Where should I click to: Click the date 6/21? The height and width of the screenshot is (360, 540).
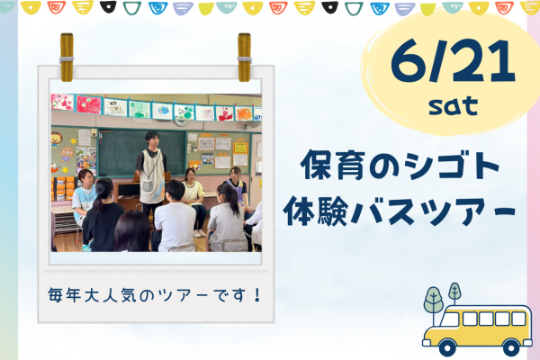tap(453, 60)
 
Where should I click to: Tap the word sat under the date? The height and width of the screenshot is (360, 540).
tap(454, 105)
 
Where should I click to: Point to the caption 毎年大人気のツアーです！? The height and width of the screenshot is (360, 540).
tap(155, 295)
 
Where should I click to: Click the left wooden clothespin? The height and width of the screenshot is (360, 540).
tap(67, 58)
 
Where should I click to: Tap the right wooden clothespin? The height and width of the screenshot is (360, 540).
tap(244, 58)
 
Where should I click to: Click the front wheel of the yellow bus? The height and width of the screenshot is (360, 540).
tap(447, 347)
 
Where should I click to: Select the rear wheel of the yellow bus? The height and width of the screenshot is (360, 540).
tap(511, 347)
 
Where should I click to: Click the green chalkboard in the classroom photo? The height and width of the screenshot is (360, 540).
tap(142, 152)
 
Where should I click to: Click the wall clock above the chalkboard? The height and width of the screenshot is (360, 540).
tap(182, 121)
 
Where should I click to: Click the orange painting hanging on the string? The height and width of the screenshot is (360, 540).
tap(244, 114)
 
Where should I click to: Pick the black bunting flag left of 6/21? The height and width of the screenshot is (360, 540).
tap(329, 7)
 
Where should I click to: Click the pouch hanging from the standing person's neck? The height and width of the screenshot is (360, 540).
tap(148, 185)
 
